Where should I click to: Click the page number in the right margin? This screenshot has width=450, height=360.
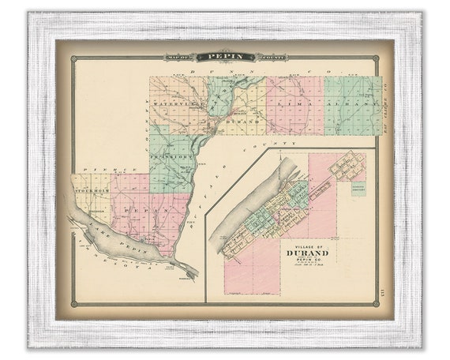383,294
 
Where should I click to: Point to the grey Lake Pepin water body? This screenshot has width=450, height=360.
111,238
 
